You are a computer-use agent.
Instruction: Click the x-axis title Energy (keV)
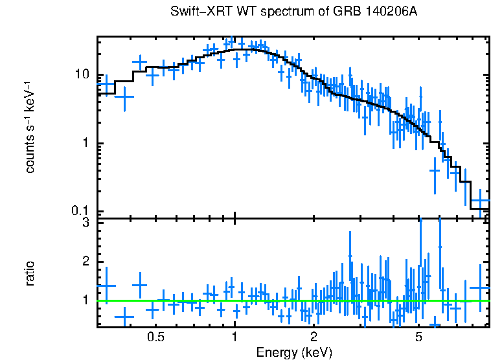(x=293, y=352)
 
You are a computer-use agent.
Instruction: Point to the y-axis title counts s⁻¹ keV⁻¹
(x=30, y=126)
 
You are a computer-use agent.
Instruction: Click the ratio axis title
(x=30, y=273)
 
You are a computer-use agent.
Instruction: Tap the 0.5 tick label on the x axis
(x=155, y=337)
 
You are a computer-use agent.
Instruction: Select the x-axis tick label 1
(x=234, y=337)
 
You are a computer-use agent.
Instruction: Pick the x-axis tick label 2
(x=314, y=337)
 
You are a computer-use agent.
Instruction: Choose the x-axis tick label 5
(x=418, y=337)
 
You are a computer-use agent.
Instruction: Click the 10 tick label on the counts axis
(x=82, y=74)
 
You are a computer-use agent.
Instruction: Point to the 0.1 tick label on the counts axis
(x=79, y=212)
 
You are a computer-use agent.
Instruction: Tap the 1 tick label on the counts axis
(x=85, y=143)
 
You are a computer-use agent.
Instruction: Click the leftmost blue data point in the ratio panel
(x=106, y=286)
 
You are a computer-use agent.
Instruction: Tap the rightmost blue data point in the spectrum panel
(x=480, y=202)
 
